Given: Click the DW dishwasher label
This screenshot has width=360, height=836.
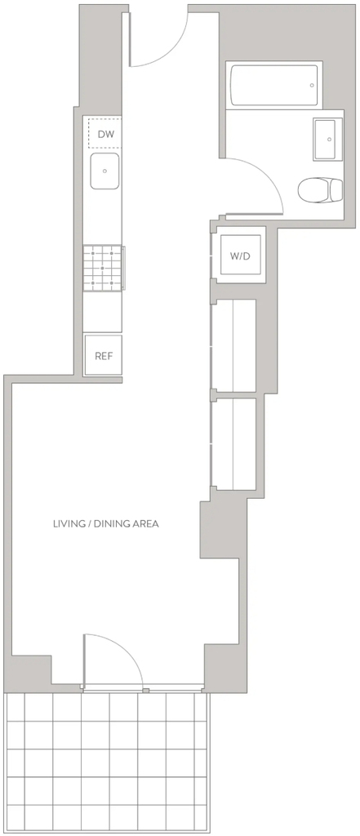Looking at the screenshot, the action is (x=105, y=135).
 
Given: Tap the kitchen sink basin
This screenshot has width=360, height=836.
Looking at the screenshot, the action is (x=104, y=171).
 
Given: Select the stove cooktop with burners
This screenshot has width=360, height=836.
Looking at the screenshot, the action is (x=103, y=268).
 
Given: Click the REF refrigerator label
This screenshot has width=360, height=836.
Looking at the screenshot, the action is (x=104, y=356).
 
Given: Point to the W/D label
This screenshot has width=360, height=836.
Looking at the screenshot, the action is (x=240, y=256).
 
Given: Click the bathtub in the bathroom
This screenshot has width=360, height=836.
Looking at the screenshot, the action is (x=273, y=84).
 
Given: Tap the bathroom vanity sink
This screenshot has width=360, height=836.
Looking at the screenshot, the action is (x=327, y=139).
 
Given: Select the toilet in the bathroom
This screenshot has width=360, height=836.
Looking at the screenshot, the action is (x=320, y=189).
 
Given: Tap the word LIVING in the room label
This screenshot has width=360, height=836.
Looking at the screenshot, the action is (x=70, y=523).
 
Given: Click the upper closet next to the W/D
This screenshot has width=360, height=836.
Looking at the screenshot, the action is (x=234, y=345).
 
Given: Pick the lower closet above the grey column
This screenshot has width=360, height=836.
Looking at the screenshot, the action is (x=234, y=443).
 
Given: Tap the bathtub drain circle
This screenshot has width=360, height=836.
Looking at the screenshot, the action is (x=312, y=84).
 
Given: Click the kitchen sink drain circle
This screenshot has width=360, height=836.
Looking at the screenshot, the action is (x=104, y=171).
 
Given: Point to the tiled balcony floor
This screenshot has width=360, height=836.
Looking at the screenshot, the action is (x=107, y=763).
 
